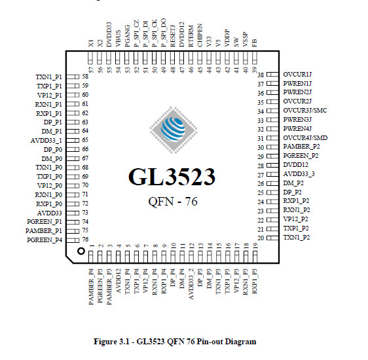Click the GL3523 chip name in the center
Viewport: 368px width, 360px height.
[x=172, y=177]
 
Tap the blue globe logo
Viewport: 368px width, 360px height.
[x=174, y=130]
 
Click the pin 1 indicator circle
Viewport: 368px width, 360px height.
[x=81, y=251]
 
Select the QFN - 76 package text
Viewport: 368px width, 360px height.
[x=173, y=202]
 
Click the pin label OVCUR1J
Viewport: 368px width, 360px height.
[x=297, y=75]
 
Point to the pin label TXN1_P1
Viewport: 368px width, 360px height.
[x=49, y=77]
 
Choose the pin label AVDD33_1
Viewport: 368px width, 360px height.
[x=46, y=141]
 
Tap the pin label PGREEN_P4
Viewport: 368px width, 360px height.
[x=45, y=240]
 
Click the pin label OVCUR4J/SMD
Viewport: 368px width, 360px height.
[x=305, y=137]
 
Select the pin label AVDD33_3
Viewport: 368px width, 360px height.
[x=299, y=174]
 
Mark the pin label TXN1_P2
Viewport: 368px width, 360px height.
[x=297, y=238]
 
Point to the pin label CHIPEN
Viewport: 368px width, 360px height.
[x=200, y=35]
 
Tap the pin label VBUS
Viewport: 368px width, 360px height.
[x=118, y=39]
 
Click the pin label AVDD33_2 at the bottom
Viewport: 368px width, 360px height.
[x=191, y=284]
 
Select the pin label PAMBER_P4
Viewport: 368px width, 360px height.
[x=91, y=287]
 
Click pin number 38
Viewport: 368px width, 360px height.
[x=261, y=75]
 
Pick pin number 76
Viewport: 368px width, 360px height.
[x=85, y=240]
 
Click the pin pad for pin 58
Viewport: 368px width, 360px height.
[x=73, y=77]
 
